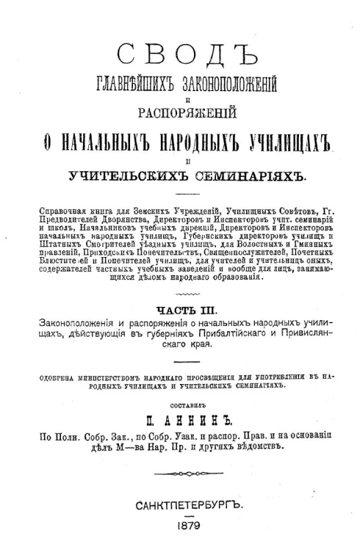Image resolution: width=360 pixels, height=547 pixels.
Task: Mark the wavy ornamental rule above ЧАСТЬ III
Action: click(x=179, y=314)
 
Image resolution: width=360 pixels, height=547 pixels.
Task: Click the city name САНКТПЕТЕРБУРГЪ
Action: click(x=180, y=507)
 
